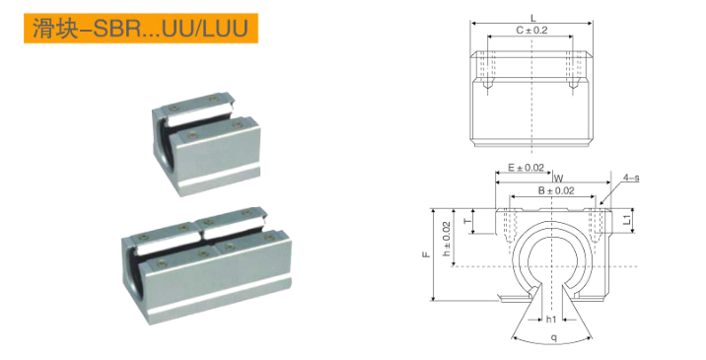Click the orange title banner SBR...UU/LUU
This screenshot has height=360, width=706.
point(141,28)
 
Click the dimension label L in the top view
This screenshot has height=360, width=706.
point(533,18)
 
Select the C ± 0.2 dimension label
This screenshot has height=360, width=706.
point(531,31)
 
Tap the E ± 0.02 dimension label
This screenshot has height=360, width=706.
point(526,168)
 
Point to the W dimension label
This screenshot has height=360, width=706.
point(558,179)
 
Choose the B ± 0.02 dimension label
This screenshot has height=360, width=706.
point(556,190)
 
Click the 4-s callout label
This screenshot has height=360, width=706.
point(631,178)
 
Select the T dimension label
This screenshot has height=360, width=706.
point(468,221)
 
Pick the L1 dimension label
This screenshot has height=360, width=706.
point(627,220)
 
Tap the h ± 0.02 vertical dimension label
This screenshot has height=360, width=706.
point(447,239)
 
